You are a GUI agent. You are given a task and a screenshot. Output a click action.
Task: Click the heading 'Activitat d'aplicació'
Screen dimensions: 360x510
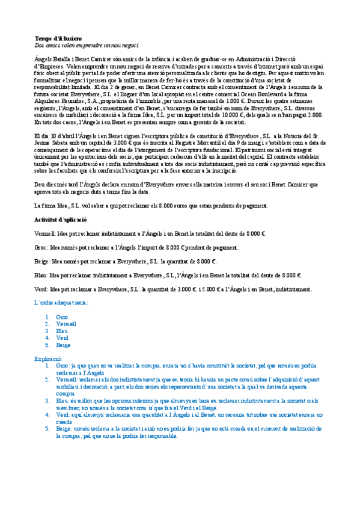pos(63,220)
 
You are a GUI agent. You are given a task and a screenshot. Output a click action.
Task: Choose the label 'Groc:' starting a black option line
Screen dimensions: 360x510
pos(42,247)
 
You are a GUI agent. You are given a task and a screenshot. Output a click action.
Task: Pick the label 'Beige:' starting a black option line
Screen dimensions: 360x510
pos(43,261)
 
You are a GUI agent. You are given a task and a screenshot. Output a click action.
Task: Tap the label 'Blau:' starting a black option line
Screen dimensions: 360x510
pos(42,275)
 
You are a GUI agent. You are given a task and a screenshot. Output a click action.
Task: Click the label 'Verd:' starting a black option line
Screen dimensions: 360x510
pos(42,289)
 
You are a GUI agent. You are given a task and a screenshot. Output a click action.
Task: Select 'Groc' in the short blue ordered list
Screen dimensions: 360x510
pos(62,317)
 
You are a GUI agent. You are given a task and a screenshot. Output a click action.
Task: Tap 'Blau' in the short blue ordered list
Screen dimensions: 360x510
pos(61,331)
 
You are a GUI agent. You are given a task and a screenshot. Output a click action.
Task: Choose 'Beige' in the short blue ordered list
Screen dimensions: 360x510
pos(63,345)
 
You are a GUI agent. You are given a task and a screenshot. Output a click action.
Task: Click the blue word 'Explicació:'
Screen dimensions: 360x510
pos(50,358)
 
